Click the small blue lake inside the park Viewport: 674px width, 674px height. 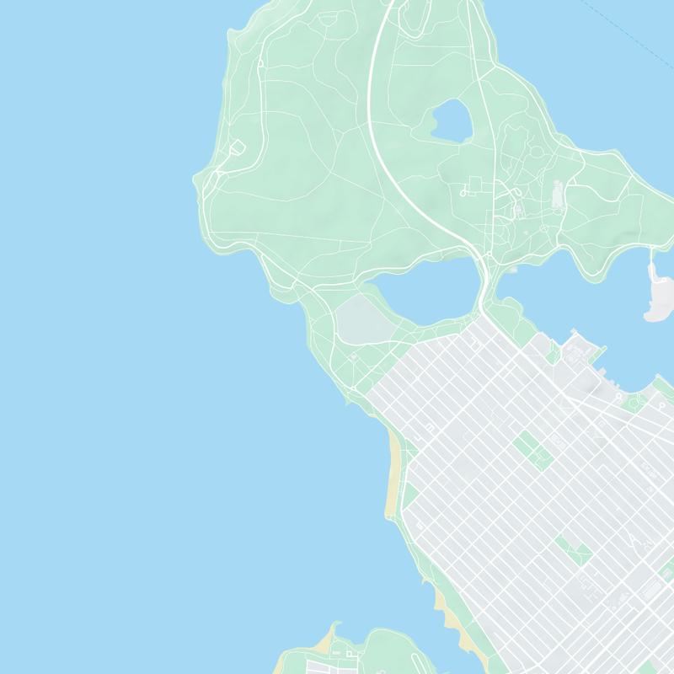(452, 120)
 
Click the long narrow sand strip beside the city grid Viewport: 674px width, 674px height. (393, 472)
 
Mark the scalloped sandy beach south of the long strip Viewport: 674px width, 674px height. (443, 611)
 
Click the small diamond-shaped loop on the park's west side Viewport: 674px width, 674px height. (238, 147)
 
